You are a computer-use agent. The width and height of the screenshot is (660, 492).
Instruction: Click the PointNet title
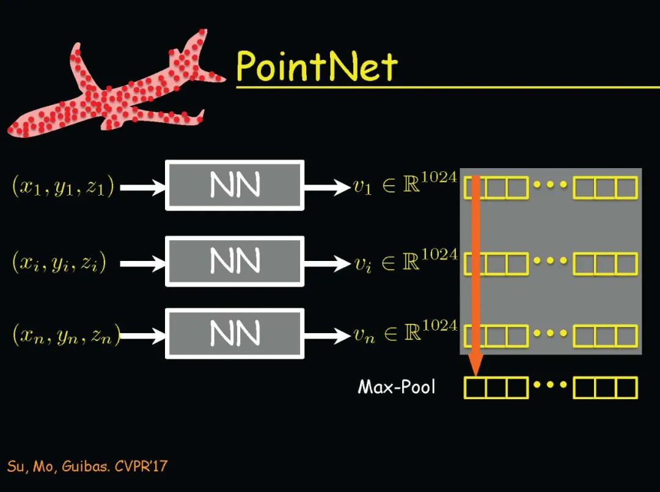[317, 65]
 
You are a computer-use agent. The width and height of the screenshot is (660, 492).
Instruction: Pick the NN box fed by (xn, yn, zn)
[235, 334]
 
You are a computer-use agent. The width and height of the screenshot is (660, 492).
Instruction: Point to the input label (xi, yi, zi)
[59, 262]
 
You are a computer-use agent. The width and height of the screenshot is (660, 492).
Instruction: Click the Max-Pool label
[397, 387]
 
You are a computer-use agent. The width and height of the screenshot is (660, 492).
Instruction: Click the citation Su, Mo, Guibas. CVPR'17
[87, 466]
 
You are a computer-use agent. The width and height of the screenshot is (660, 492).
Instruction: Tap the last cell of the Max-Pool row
[626, 387]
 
